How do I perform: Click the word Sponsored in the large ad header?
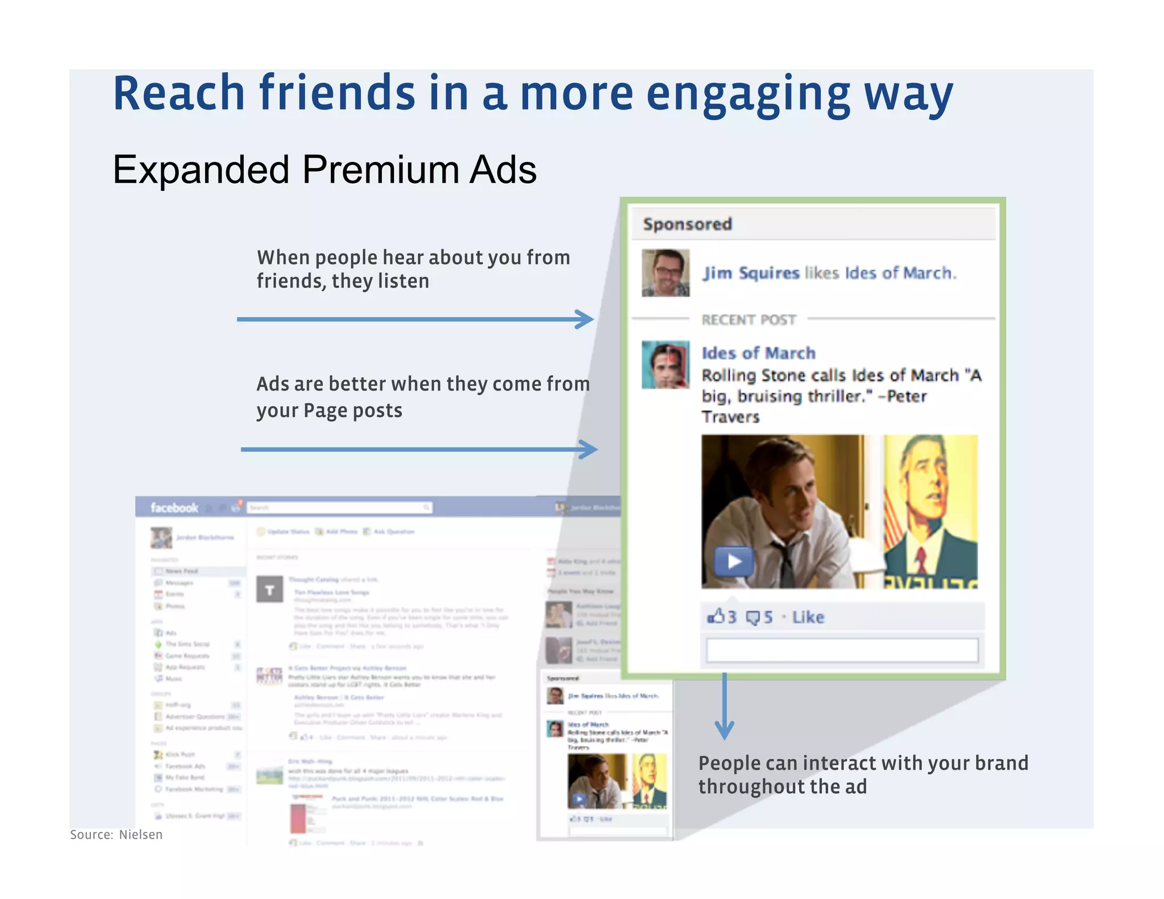point(687,224)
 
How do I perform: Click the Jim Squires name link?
point(751,273)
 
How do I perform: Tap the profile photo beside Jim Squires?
point(666,273)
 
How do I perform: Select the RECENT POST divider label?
point(749,320)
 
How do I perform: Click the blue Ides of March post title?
point(758,353)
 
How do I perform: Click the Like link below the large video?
point(808,617)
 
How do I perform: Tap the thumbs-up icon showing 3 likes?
point(716,617)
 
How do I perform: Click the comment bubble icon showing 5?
point(753,618)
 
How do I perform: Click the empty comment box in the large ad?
point(842,650)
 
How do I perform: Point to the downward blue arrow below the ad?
point(724,727)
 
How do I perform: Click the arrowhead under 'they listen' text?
point(585,319)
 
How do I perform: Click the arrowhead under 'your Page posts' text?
point(589,449)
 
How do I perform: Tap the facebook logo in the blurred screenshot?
point(174,507)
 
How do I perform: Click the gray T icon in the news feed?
point(269,589)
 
